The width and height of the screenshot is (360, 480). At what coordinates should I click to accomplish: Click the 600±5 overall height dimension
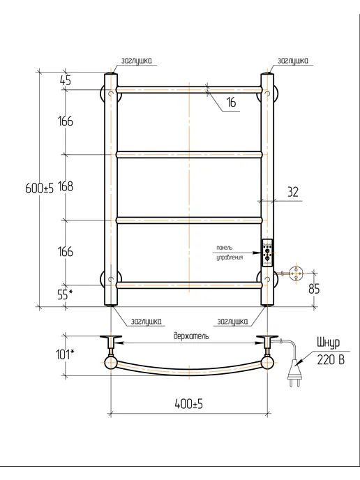[x=39, y=188]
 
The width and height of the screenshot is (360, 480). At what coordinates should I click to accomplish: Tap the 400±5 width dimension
[x=189, y=404]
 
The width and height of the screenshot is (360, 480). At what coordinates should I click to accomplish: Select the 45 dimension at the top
[x=65, y=80]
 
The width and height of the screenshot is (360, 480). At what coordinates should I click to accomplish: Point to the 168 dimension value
[x=66, y=186]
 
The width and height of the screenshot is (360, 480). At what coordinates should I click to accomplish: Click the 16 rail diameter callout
[x=232, y=102]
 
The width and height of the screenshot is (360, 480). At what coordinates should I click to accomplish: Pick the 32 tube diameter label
[x=293, y=192]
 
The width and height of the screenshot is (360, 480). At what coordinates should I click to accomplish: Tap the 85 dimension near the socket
[x=314, y=289]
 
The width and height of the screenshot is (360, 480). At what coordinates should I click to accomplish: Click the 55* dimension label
[x=65, y=294]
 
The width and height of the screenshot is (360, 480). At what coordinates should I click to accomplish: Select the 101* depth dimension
[x=65, y=354]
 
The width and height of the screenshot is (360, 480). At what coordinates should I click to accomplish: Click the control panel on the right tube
[x=267, y=253]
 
